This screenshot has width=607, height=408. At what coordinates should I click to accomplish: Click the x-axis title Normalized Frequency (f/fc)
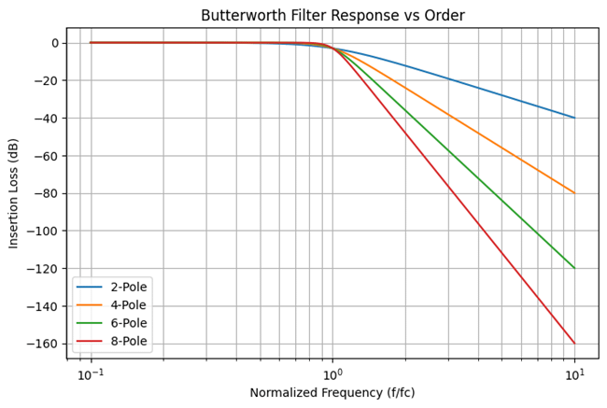pos(332,393)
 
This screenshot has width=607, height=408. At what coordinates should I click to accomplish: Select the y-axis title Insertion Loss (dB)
pos(14,192)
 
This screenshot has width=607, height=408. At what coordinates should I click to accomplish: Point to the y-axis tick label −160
pos(42,344)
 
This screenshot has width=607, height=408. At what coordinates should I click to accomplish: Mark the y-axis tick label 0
pos(55,43)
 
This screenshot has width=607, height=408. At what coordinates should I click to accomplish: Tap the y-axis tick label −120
pos(42,269)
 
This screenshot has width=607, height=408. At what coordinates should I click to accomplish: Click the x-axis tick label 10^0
pos(332,373)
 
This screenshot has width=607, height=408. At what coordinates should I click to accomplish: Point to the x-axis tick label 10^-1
pos(91,373)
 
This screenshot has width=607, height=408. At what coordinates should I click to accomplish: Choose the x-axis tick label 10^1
pos(574,373)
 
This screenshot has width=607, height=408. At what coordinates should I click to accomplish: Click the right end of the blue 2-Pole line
pos(574,118)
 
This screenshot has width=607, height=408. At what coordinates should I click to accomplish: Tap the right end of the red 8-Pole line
pos(574,344)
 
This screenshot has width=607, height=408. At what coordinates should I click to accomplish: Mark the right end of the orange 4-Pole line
pos(574,193)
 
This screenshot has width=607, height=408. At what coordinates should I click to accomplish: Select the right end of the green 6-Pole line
pos(574,268)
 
